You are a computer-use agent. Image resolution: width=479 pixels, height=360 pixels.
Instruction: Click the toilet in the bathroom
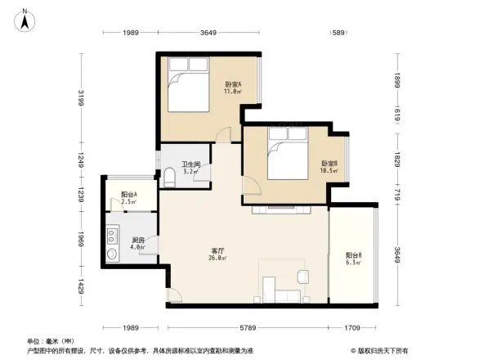coord(168,177)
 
